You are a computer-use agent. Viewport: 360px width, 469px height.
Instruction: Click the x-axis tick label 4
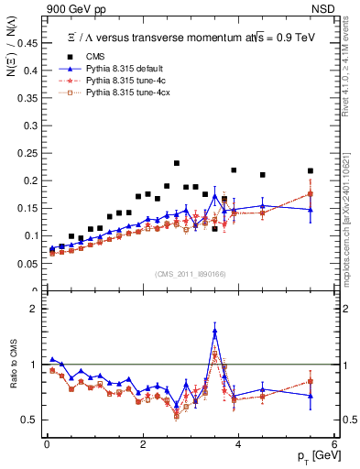point(238,444)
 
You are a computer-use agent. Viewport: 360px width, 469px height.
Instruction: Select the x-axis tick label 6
point(334,444)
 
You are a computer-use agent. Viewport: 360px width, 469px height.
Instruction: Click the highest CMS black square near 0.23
point(177,163)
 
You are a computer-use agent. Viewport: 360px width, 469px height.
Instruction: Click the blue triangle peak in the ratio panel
point(214,331)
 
